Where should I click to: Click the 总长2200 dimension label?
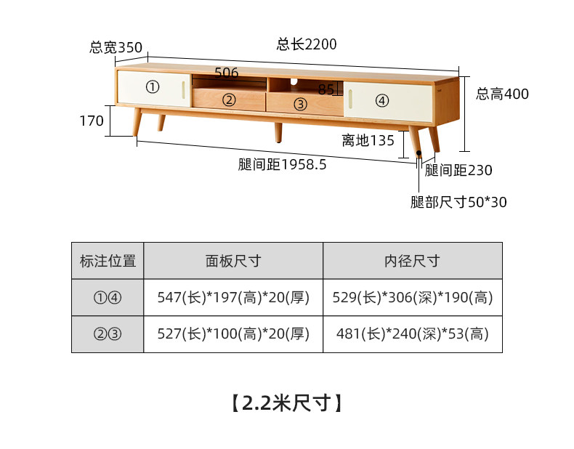tap(307, 44)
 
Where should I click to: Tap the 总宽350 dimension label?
tap(116, 47)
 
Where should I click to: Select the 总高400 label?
tap(502, 94)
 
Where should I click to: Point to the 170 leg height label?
tap(92, 121)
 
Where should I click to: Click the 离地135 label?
tap(368, 140)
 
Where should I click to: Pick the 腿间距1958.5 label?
tap(282, 164)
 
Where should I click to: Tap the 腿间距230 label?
tap(458, 170)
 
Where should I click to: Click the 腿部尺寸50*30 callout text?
tap(458, 202)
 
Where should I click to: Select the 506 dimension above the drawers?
tap(226, 73)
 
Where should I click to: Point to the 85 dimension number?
tap(326, 89)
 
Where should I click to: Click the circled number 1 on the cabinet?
tap(153, 87)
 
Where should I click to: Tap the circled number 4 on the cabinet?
tap(381, 100)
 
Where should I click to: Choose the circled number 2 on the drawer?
tap(229, 100)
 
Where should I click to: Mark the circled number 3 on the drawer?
tap(300, 105)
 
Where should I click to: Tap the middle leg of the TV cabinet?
tap(278, 132)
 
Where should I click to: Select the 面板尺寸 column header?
tap(233, 261)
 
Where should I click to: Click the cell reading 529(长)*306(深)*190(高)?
tap(413, 297)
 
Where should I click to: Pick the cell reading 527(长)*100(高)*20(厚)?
tap(233, 333)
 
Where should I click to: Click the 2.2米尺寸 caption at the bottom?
tap(286, 403)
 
